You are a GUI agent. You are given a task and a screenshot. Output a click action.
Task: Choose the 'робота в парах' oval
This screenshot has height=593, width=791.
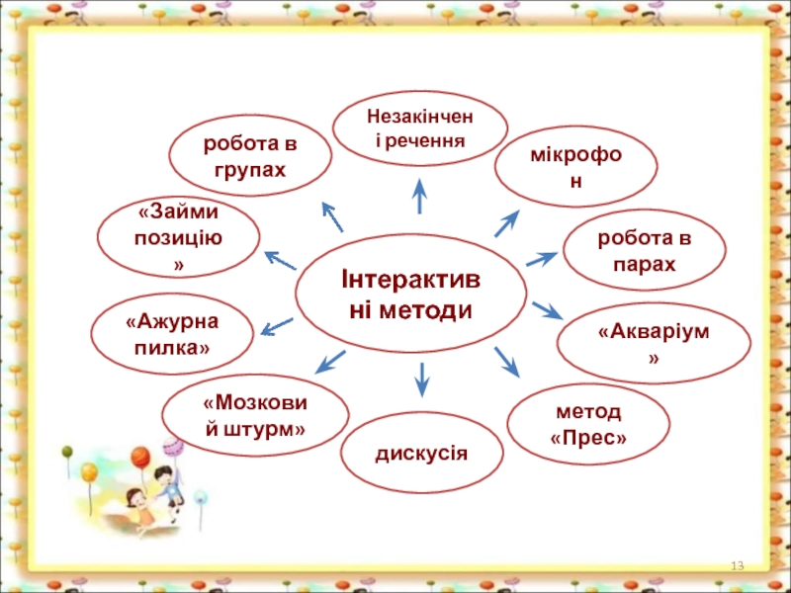pos(644,251)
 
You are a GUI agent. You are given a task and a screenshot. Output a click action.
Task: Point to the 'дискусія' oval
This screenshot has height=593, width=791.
pos(421,454)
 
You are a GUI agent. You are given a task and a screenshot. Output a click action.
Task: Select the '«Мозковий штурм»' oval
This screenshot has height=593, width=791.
pos(255,415)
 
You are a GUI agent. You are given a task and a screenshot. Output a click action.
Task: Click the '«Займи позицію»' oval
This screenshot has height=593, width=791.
pos(179,238)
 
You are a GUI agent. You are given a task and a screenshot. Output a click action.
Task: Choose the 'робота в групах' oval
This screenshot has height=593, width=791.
pos(250,156)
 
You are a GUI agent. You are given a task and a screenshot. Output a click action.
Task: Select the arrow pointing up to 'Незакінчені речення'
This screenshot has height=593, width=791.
pos(419,196)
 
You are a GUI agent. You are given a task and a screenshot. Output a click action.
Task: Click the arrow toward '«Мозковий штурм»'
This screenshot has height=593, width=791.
pos(329,361)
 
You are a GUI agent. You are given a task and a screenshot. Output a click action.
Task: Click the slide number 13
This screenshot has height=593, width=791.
pos(737,565)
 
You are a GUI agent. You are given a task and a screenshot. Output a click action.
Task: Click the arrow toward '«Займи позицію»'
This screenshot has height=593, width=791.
pos(281,260)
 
